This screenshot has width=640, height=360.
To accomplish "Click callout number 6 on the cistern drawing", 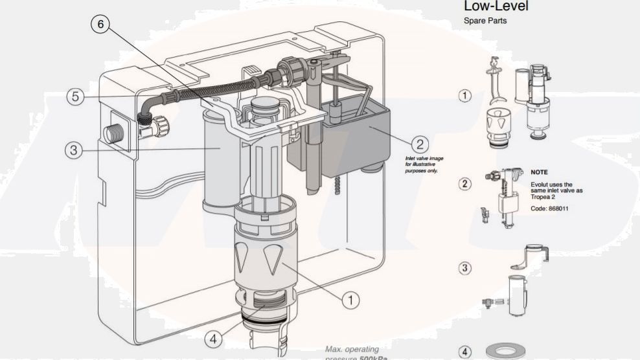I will coord(100,24).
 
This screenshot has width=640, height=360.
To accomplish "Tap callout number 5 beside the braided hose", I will coord(76,96).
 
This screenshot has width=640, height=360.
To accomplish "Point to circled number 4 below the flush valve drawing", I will coord(214,338).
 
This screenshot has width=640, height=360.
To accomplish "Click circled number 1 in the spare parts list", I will coord(464,96).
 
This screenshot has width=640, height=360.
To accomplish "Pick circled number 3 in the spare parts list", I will coord(464,267).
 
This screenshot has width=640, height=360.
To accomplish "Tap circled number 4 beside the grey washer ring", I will coord(464,352).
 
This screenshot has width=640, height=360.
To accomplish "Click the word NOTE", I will coord(539,173).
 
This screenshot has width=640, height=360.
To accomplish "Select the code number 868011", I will coord(558,208).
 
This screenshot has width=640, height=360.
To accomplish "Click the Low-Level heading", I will coord(496,6).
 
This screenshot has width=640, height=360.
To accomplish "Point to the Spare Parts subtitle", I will coord(485,21).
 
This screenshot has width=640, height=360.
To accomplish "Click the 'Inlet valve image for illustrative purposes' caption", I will coord(421,164).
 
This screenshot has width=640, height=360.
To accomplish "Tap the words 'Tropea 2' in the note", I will coord(543,197).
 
